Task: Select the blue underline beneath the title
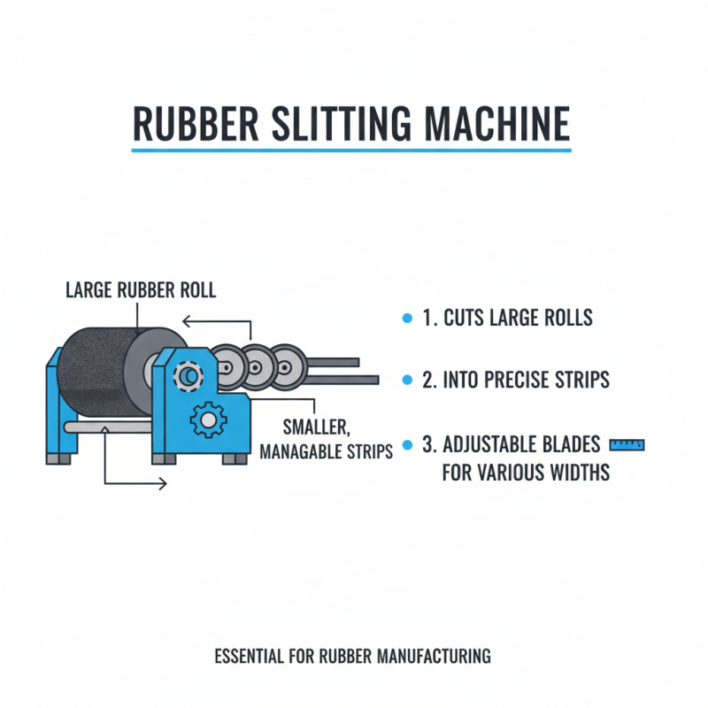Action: point(351,150)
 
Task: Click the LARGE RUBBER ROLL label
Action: point(141,289)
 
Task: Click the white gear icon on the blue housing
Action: point(208,418)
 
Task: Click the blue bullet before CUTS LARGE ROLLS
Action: point(406,318)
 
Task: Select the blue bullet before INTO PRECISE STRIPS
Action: point(406,380)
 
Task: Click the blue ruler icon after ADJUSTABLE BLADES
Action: point(628,443)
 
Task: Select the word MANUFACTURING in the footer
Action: point(434,657)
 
